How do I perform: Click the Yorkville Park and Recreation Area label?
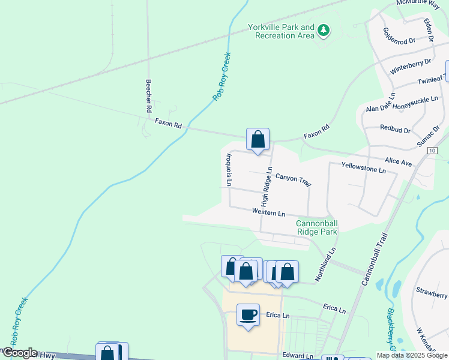(x=281, y=31)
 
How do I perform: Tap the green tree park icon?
(x=324, y=29)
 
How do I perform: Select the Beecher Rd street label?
(x=148, y=97)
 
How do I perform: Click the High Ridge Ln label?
(x=268, y=185)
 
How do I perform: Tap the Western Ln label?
(x=268, y=212)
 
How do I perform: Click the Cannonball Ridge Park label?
(x=317, y=227)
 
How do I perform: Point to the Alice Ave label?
(x=398, y=162)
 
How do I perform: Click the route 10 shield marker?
(x=432, y=151)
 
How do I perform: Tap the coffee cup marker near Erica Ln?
(x=248, y=314)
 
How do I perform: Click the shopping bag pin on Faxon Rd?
(x=258, y=140)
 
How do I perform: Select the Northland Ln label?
(x=331, y=260)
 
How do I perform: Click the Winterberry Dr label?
(x=411, y=66)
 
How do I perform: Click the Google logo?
(x=19, y=353)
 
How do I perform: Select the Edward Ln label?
(x=298, y=355)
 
